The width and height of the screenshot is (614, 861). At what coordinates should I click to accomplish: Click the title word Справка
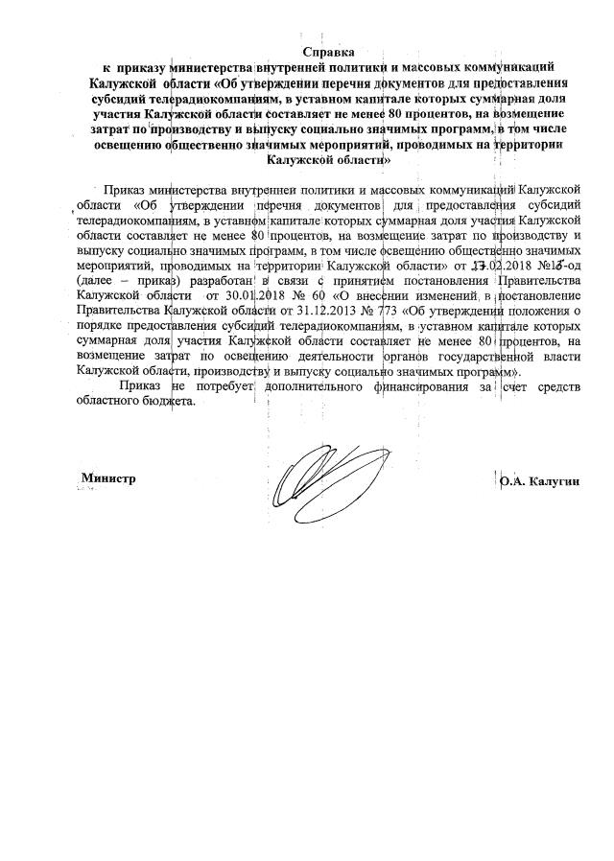(329, 51)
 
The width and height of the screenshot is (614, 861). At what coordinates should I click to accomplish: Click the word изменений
(422, 295)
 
